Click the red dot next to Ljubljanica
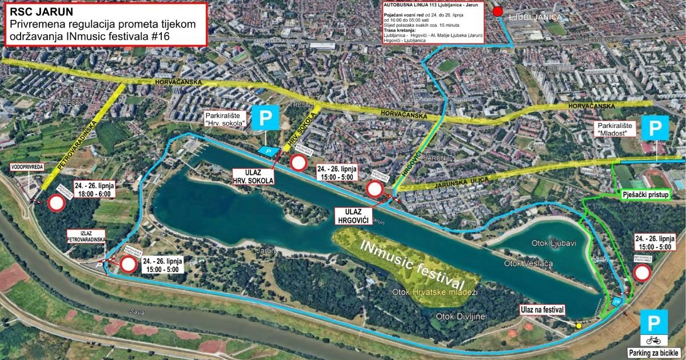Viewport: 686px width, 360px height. coord(497,11)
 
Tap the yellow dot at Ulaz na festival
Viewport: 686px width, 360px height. coord(579,325)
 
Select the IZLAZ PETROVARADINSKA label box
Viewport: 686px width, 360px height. coord(86,237)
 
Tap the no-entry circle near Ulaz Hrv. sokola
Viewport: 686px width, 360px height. coord(298,163)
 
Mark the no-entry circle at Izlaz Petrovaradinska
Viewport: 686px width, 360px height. coord(128,264)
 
